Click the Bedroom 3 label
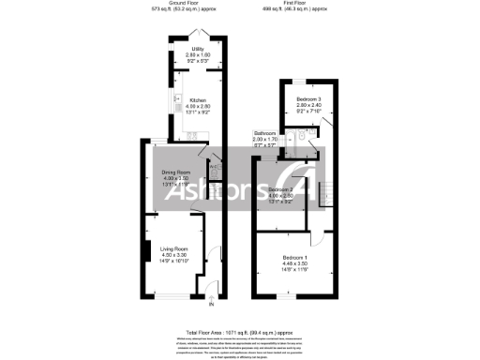pyautogui.click(x=310, y=97)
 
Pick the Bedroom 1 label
pyautogui.click(x=295, y=258)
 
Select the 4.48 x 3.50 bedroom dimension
pyautogui.click(x=295, y=264)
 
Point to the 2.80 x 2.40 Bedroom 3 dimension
pyautogui.click(x=310, y=104)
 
